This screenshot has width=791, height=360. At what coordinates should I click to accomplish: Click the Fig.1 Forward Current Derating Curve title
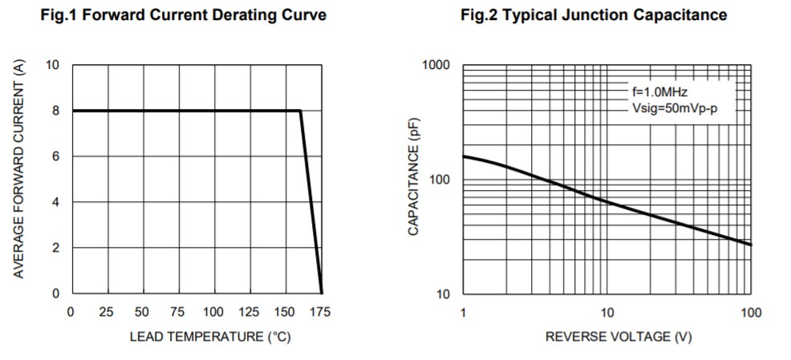(184, 15)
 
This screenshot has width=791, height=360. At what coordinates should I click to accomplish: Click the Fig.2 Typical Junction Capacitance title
(593, 15)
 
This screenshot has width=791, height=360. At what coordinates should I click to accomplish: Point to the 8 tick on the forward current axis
(56, 111)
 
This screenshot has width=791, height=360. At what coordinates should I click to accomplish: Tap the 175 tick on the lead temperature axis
(320, 312)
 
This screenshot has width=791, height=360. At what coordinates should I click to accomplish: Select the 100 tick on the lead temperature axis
(213, 312)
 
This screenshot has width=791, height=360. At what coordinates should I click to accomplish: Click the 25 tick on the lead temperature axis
(106, 312)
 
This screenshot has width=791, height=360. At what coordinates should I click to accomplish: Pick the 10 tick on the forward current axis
(55, 65)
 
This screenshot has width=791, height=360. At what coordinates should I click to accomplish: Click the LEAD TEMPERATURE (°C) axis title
(210, 337)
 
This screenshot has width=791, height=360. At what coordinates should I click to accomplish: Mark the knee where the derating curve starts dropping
(301, 111)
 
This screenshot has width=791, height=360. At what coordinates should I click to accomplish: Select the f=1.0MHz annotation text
(659, 92)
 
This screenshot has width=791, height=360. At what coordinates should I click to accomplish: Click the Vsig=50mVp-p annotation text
(674, 107)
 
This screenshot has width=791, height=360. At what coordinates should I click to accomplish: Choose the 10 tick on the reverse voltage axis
(607, 312)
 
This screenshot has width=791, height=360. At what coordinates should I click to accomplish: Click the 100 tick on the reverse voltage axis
(751, 312)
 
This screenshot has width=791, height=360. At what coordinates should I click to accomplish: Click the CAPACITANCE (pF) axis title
(414, 179)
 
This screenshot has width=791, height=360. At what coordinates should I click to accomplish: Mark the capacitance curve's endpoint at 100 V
(751, 245)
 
